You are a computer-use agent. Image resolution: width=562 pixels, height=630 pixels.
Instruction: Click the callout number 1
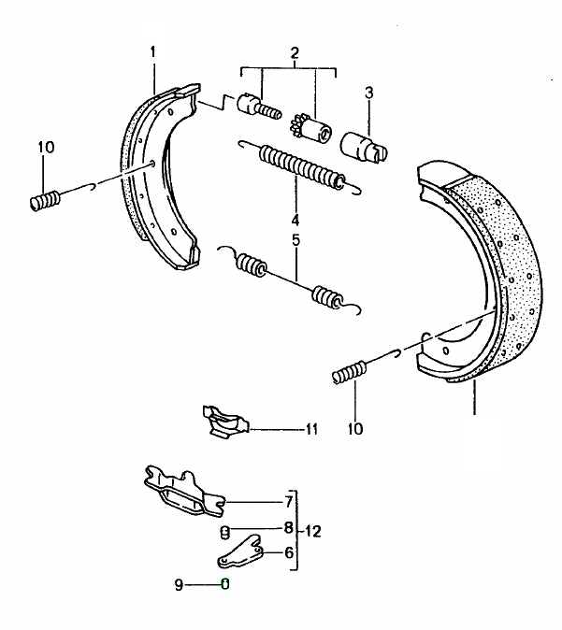pyautogui.click(x=152, y=51)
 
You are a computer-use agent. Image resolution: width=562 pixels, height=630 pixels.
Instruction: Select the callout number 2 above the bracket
pyautogui.click(x=295, y=52)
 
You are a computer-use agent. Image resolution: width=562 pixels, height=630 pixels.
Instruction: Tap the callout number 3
pyautogui.click(x=369, y=93)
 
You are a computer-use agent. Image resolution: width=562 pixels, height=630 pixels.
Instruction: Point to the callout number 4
pyautogui.click(x=295, y=220)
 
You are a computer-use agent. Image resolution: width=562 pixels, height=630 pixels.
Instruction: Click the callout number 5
pyautogui.click(x=295, y=240)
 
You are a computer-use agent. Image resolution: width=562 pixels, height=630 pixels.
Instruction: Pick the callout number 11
pyautogui.click(x=312, y=429)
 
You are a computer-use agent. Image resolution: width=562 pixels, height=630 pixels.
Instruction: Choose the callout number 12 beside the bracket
pyautogui.click(x=313, y=531)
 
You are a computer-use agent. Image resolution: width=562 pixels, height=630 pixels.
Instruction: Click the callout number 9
pyautogui.click(x=179, y=584)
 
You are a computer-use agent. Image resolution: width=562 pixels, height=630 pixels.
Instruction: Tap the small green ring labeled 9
pyautogui.click(x=225, y=584)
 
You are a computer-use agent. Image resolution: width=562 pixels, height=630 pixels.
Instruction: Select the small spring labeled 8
pyautogui.click(x=225, y=533)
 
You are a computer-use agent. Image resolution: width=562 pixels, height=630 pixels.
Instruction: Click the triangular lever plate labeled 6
pyautogui.click(x=241, y=551)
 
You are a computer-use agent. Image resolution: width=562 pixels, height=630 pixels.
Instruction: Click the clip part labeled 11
pyautogui.click(x=226, y=422)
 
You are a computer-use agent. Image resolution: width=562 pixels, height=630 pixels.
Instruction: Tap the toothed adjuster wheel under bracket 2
pyautogui.click(x=310, y=128)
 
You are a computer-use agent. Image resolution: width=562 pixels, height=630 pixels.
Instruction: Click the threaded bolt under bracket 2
pyautogui.click(x=259, y=106)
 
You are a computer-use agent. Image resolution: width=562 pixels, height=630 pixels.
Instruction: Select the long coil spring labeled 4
pyautogui.click(x=300, y=167)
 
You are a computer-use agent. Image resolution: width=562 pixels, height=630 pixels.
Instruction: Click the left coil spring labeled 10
pyautogui.click(x=46, y=200)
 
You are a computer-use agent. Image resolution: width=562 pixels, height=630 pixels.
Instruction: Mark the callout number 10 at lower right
pyautogui.click(x=355, y=429)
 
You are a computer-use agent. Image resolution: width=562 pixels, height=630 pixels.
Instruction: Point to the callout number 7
pyautogui.click(x=289, y=502)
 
